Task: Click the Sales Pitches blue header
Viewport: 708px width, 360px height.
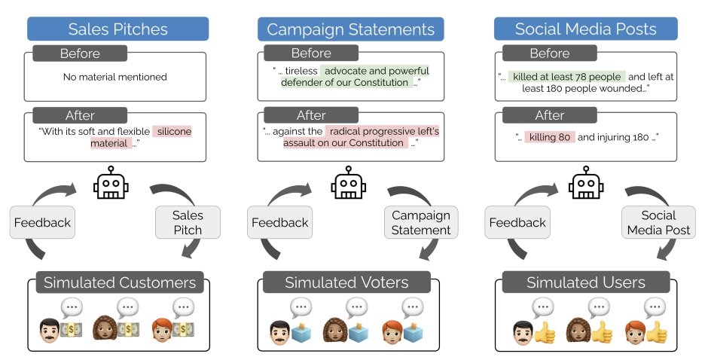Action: click(117, 29)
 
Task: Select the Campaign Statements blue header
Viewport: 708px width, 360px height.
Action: click(351, 29)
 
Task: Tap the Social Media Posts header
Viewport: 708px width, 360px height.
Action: click(586, 29)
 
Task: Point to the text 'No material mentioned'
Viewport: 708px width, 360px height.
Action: click(115, 77)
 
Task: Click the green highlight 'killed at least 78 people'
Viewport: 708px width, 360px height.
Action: click(566, 77)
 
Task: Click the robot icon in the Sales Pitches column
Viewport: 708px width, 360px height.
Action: click(111, 182)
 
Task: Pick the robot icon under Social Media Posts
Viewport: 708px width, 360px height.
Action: click(585, 182)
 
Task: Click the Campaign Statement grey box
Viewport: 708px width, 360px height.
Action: click(421, 222)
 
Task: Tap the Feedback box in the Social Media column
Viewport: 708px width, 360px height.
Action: click(517, 222)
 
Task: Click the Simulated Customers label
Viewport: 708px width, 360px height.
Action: click(120, 283)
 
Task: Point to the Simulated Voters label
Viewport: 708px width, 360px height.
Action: click(346, 283)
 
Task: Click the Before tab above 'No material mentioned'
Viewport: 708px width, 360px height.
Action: click(80, 53)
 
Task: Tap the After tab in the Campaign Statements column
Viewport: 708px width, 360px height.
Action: click(310, 115)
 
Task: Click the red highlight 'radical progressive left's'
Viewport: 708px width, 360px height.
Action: click(382, 132)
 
